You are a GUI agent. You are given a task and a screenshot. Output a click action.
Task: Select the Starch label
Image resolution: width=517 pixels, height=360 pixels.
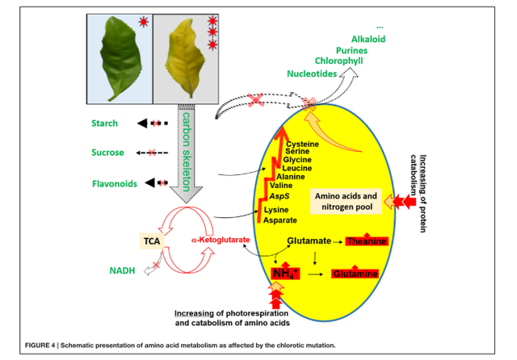click(x=105, y=123)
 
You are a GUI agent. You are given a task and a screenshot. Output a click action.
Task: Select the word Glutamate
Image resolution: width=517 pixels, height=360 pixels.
click(x=310, y=241)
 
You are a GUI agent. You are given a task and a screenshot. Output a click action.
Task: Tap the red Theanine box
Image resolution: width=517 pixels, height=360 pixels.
click(x=367, y=241)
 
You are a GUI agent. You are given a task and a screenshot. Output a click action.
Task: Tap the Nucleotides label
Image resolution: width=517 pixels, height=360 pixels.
click(x=312, y=73)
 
